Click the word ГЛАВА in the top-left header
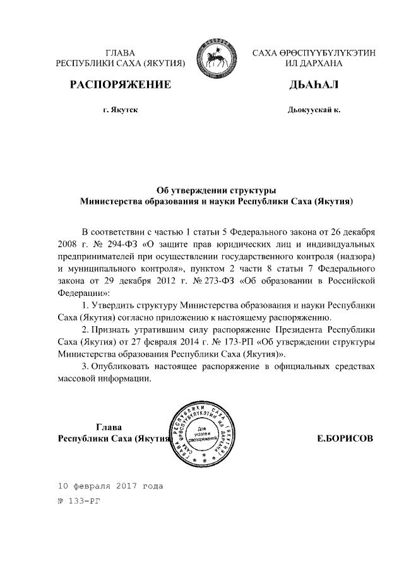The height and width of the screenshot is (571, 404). tap(120, 52)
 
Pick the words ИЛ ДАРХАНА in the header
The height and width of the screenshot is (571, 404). tap(314, 64)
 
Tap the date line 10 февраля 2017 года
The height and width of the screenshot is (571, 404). tap(110, 486)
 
